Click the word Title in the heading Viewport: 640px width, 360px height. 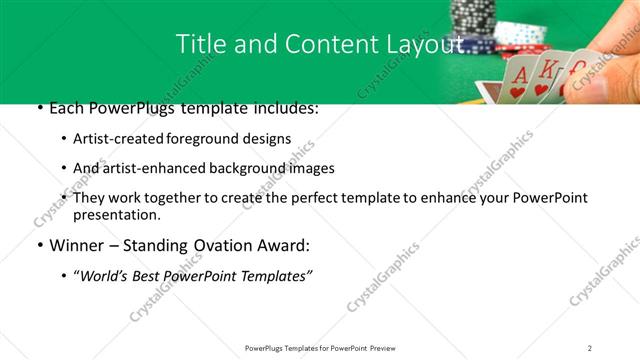[x=198, y=44]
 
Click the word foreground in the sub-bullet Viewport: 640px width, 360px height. [x=201, y=139]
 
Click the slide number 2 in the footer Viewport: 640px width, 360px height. [x=589, y=347]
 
